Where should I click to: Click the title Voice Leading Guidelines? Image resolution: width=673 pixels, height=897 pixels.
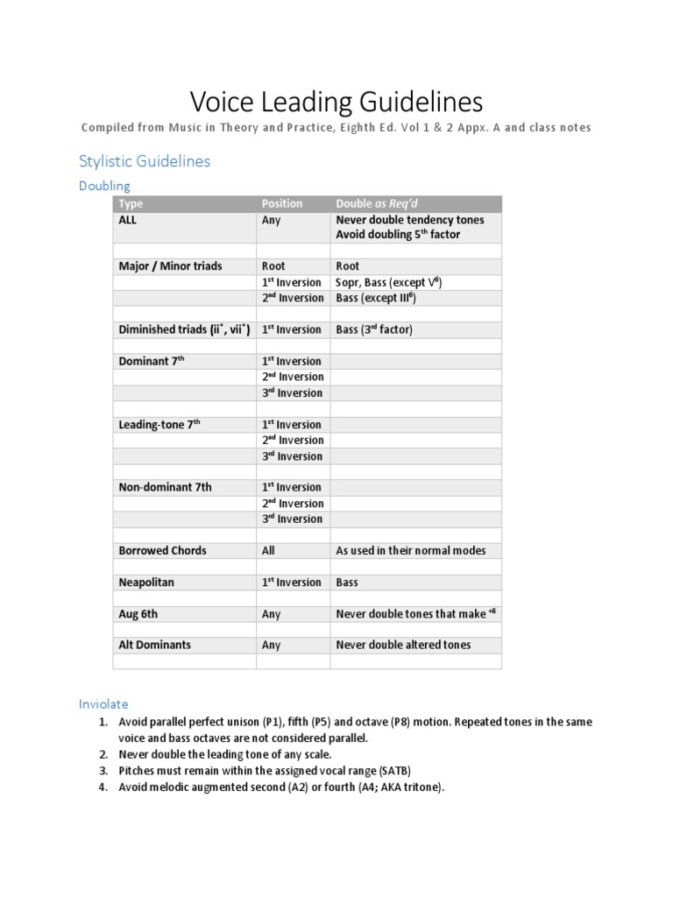tap(336, 102)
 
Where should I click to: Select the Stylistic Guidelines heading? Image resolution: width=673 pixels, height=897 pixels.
tap(145, 161)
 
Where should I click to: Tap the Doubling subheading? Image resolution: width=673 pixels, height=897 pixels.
tap(104, 186)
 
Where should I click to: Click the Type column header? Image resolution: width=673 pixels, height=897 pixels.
tap(131, 203)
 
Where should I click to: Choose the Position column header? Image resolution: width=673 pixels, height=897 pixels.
tap(281, 203)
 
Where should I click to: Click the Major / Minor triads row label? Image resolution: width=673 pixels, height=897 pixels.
tap(170, 265)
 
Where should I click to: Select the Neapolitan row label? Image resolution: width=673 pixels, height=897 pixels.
tap(148, 582)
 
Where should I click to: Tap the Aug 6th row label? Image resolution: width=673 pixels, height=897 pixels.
tap(138, 613)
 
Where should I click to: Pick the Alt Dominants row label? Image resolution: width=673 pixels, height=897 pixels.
tap(154, 645)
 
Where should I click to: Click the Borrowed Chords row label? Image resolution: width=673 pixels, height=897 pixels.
tap(162, 550)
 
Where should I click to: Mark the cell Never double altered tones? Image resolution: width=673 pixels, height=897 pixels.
tap(403, 645)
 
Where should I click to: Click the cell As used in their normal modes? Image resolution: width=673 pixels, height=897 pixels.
tap(410, 550)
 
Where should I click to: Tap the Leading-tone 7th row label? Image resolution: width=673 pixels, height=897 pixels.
tap(159, 424)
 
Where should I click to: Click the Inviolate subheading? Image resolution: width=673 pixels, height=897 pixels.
tap(103, 703)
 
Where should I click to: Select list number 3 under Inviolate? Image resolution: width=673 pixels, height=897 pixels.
tap(103, 770)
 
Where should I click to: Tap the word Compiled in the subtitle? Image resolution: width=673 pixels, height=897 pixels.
tap(107, 128)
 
